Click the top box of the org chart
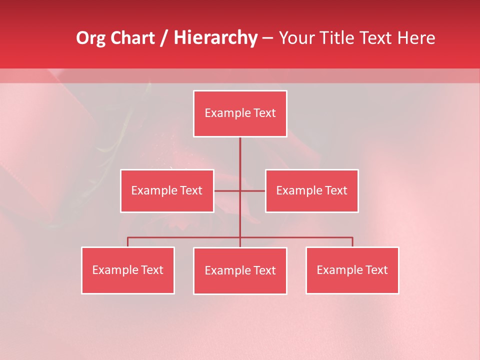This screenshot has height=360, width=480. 240,113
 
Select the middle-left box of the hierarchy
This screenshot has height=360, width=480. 167,190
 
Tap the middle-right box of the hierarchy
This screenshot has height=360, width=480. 311,190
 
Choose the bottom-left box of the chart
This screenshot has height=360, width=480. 128,270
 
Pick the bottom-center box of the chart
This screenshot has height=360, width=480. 240,270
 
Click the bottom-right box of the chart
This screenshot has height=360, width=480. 352,270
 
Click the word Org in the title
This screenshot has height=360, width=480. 90,38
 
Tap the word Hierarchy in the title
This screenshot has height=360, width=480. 215,38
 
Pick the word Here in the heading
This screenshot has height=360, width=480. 416,38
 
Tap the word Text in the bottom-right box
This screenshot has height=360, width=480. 376,270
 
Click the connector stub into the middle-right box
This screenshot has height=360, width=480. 253,190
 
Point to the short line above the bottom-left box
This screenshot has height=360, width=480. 128,242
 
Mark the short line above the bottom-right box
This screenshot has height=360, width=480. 352,242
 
